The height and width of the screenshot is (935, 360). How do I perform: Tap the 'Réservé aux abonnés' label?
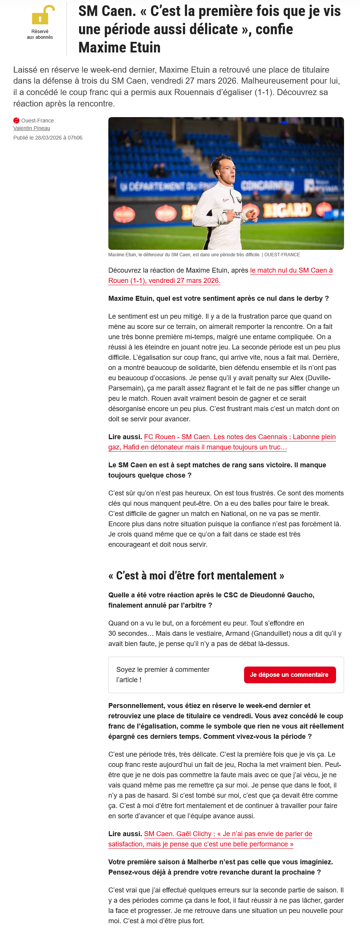(x=40, y=35)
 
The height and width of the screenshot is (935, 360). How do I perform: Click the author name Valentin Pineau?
(x=32, y=129)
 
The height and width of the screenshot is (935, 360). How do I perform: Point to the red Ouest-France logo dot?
(x=16, y=121)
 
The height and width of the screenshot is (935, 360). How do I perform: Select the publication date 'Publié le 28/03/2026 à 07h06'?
(x=48, y=138)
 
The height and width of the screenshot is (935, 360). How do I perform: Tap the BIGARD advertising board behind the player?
(x=287, y=210)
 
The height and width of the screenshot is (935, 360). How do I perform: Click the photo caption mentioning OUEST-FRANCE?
(x=204, y=255)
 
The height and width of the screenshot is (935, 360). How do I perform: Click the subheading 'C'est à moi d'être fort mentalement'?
(x=196, y=576)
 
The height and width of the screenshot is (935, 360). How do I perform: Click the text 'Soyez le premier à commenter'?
(x=163, y=675)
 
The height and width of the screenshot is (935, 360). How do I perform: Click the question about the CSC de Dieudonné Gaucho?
(x=211, y=600)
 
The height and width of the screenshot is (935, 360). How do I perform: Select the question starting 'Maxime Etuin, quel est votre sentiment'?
(x=219, y=298)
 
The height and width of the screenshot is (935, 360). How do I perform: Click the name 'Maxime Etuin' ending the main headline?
(x=119, y=48)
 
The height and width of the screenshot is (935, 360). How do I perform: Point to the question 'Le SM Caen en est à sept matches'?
(x=217, y=470)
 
